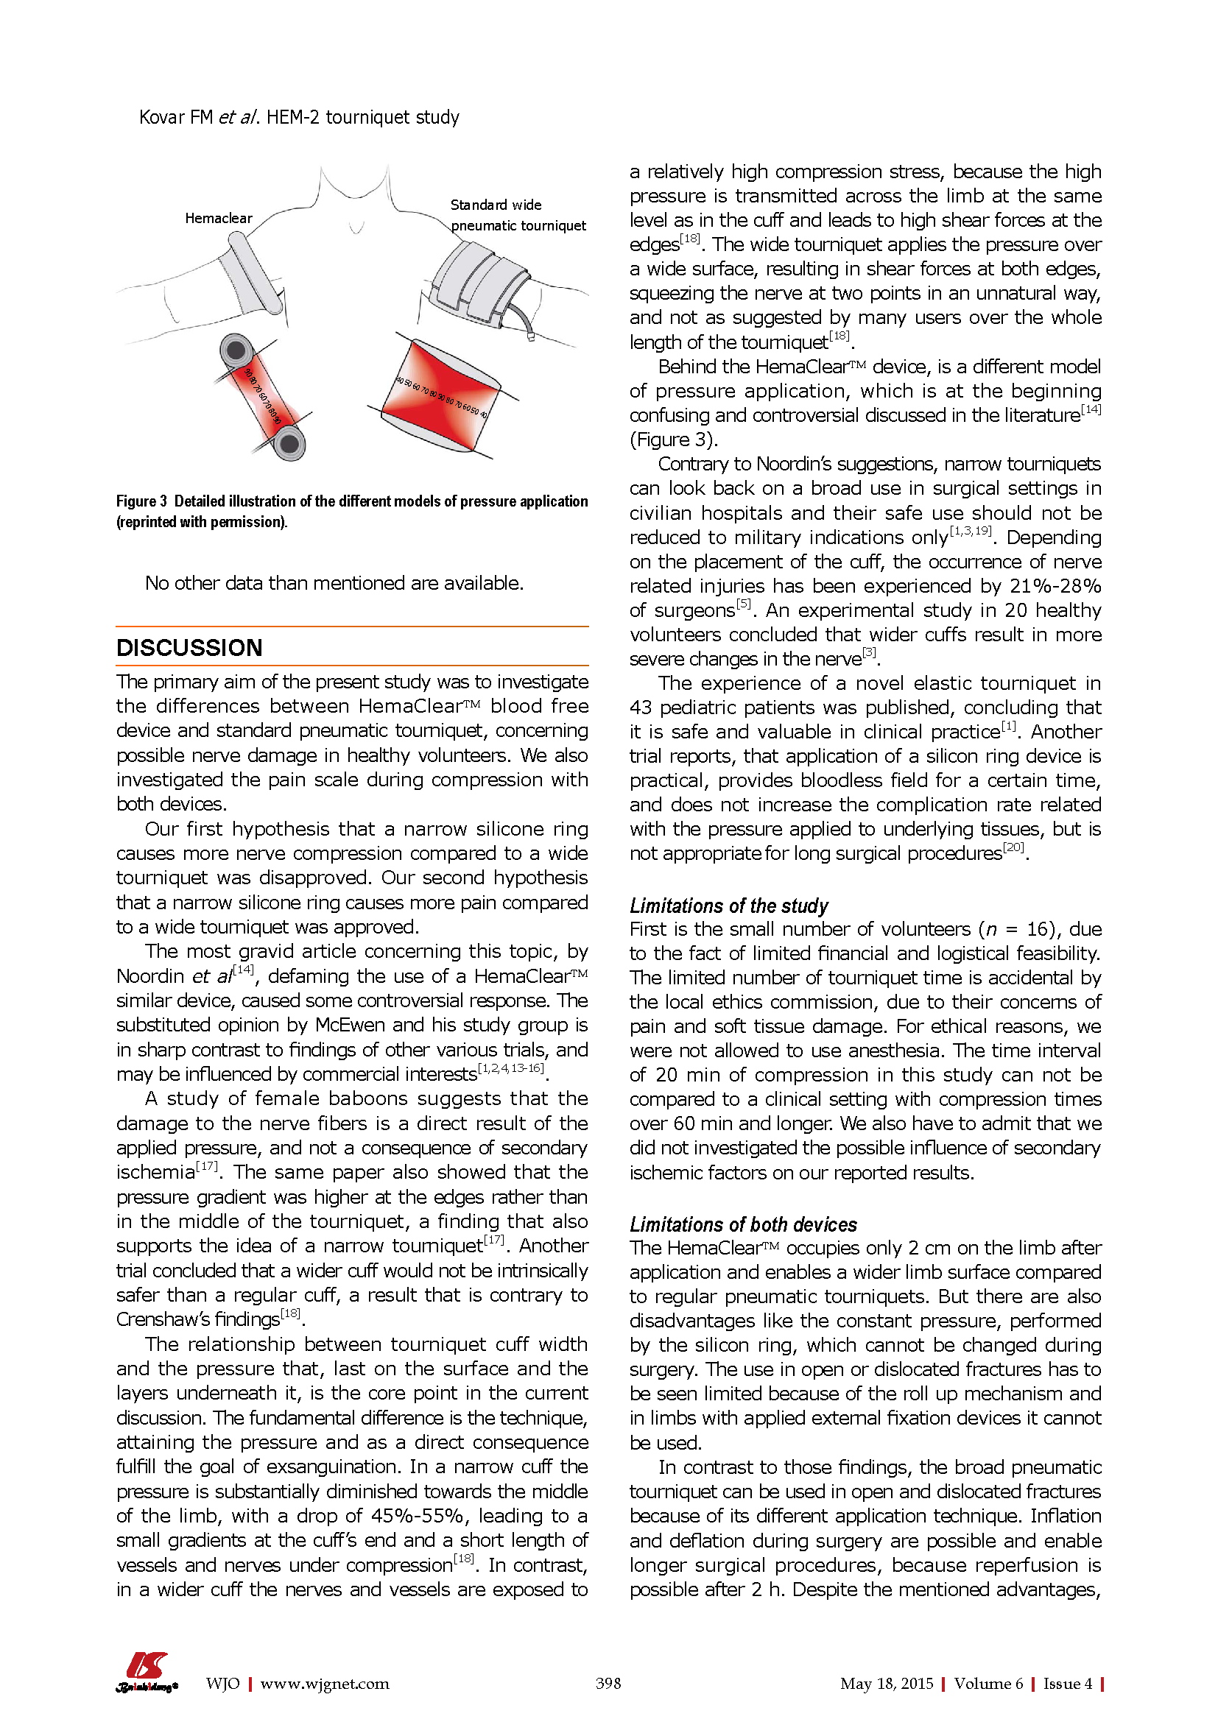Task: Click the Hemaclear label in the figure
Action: point(218,218)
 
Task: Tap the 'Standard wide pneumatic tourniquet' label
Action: point(518,215)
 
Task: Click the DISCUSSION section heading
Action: point(189,648)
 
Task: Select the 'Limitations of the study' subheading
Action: point(728,906)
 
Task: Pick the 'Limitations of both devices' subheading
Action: point(742,1225)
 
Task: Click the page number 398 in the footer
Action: point(608,1684)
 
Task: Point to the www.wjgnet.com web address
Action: point(325,1684)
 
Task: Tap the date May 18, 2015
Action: point(887,1684)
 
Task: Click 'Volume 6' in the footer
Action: point(988,1684)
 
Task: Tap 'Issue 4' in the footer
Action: point(1067,1684)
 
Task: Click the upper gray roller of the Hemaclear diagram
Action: point(236,350)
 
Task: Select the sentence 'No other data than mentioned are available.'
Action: point(334,584)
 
